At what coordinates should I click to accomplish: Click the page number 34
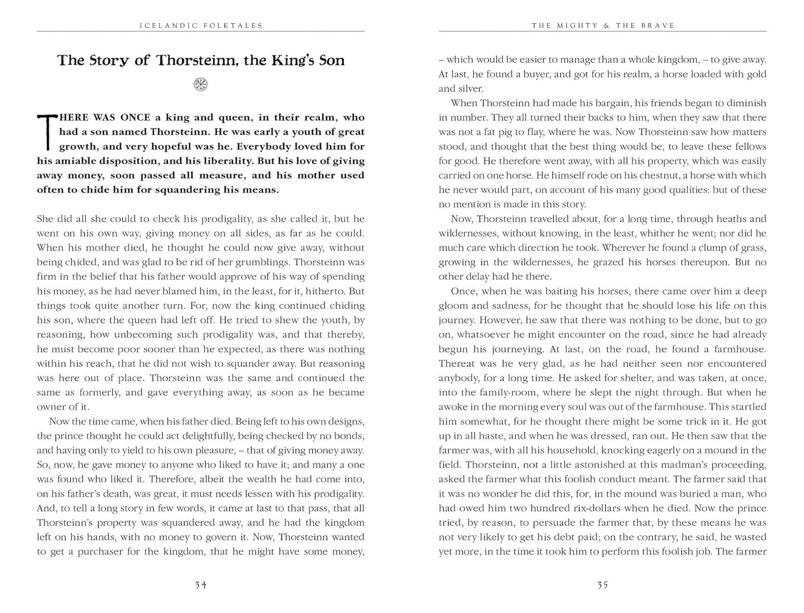point(200,585)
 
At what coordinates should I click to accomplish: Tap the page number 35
point(602,585)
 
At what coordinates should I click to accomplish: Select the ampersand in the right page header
point(607,25)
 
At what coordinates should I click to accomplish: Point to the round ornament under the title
point(200,84)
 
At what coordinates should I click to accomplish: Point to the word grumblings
point(259,262)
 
